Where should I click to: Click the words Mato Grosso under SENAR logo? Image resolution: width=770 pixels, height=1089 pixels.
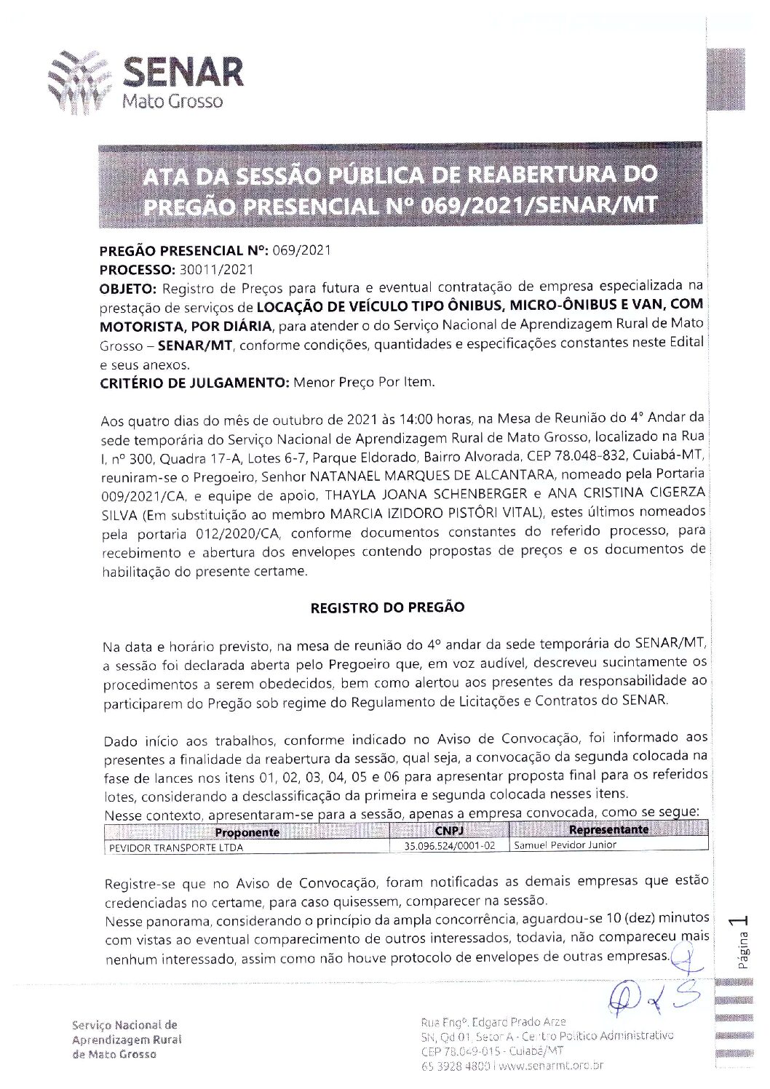tap(172, 102)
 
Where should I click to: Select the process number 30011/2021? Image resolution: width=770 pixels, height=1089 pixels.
tap(216, 268)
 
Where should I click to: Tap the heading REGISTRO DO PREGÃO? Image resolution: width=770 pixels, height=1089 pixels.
tap(387, 607)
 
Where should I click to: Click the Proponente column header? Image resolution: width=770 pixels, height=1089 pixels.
tap(247, 832)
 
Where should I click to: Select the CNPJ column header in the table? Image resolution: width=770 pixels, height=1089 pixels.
tap(449, 831)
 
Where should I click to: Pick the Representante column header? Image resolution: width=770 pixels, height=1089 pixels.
tap(608, 830)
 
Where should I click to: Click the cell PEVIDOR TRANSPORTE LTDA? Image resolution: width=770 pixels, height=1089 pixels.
tap(175, 847)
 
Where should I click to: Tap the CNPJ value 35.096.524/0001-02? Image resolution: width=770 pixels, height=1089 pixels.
tap(450, 846)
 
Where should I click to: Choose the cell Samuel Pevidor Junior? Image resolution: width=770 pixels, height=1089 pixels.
tap(565, 845)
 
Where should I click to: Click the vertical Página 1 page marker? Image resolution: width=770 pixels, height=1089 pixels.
tap(742, 943)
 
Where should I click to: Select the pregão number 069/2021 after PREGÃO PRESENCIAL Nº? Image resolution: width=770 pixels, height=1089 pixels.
tap(301, 251)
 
